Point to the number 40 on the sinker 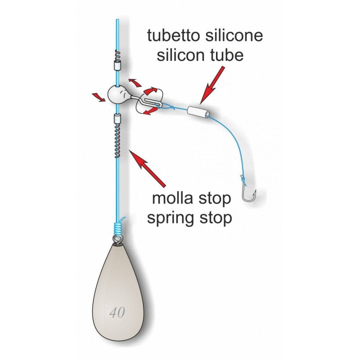click(117, 312)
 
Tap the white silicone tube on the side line click(198, 112)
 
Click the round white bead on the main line click(117, 94)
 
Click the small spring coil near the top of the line click(117, 54)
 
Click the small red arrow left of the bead click(98, 97)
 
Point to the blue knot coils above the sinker click(118, 228)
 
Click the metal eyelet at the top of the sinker click(118, 241)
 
